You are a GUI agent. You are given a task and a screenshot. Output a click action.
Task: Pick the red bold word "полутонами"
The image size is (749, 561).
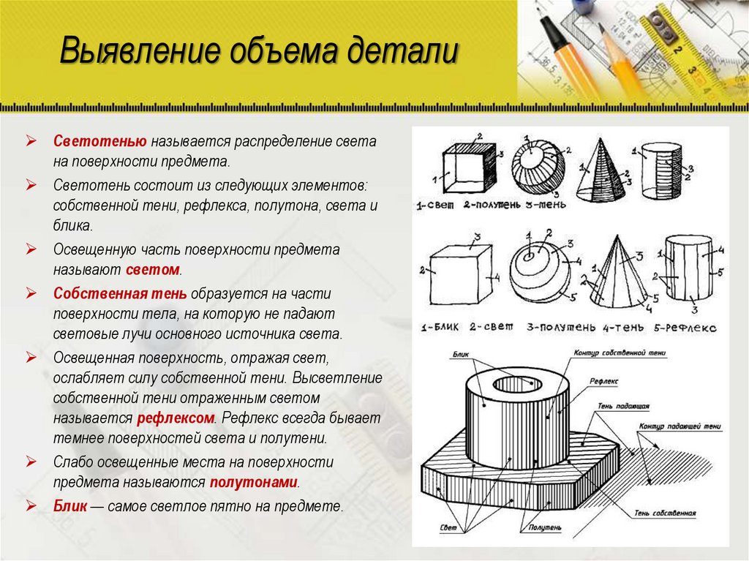click(x=254, y=483)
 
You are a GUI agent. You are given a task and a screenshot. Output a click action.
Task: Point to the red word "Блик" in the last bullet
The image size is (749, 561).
click(x=70, y=505)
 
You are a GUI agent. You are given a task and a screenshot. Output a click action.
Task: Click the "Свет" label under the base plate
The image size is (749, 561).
click(x=448, y=527)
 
